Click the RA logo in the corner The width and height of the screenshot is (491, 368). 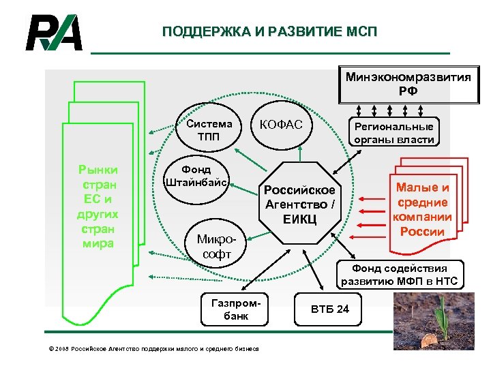(54, 33)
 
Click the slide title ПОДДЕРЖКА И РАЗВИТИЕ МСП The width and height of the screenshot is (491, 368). (269, 32)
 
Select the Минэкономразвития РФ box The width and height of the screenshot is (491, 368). (408, 85)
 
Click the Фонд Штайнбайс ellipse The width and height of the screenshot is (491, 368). (197, 176)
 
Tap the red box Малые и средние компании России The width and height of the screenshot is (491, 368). (422, 209)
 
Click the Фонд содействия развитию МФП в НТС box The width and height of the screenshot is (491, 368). (401, 275)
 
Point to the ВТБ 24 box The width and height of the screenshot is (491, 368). (329, 309)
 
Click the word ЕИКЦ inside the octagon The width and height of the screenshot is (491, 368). (299, 219)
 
